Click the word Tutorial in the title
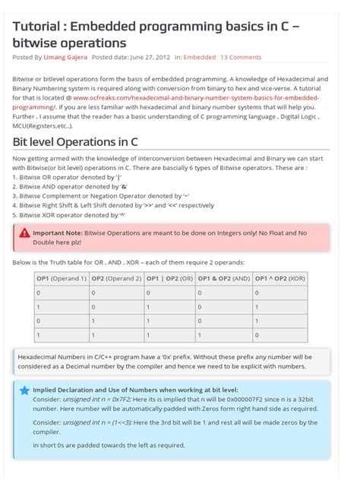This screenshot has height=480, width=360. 37,27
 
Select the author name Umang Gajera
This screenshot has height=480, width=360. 65,57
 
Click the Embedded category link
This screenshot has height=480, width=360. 200,57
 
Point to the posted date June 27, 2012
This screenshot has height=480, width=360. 144,57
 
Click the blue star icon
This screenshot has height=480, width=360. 24,390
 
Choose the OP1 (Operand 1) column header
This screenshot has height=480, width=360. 62,278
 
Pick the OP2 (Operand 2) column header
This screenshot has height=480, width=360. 116,278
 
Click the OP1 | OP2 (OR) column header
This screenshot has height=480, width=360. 170,278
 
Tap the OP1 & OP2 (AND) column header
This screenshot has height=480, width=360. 224,278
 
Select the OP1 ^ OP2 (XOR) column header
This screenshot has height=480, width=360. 280,278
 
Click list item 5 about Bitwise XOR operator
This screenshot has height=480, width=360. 69,215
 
